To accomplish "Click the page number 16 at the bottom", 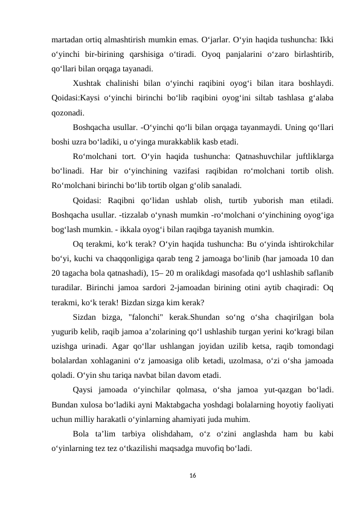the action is (x=180, y=476).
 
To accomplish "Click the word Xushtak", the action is (x=87, y=83).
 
